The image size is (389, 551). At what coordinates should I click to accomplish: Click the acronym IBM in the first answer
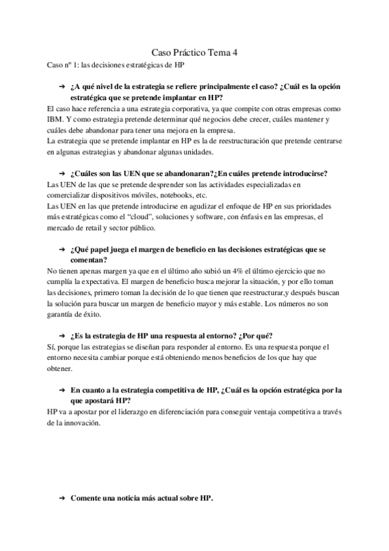point(56,120)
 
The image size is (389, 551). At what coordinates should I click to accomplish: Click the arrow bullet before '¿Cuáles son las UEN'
point(61,173)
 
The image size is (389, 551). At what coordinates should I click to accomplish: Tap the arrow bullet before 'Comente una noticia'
point(61,498)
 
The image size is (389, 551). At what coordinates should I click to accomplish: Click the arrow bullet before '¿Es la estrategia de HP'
point(61,336)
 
